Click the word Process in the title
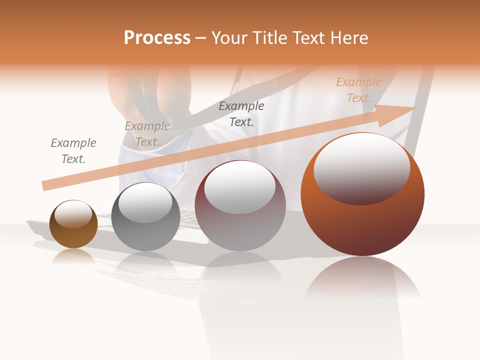(x=157, y=38)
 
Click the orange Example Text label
(x=359, y=90)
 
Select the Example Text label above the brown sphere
(x=73, y=151)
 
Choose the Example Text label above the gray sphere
(x=147, y=134)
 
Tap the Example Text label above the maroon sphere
(x=241, y=113)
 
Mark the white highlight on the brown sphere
(x=73, y=213)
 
